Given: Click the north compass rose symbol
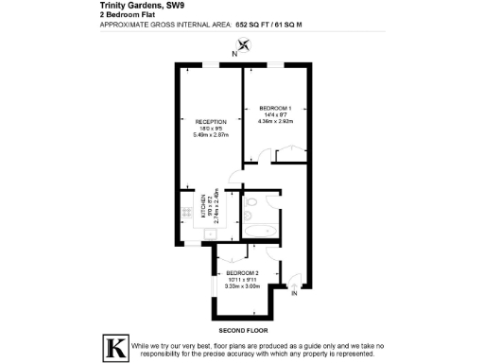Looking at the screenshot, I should [x=245, y=43].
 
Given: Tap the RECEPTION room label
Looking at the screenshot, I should [x=209, y=122].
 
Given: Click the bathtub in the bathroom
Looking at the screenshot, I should [x=259, y=230].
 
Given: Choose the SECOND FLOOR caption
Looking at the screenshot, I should [x=243, y=330].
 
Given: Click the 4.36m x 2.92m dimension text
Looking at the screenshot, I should [x=276, y=121].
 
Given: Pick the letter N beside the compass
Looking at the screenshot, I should [x=235, y=54].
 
